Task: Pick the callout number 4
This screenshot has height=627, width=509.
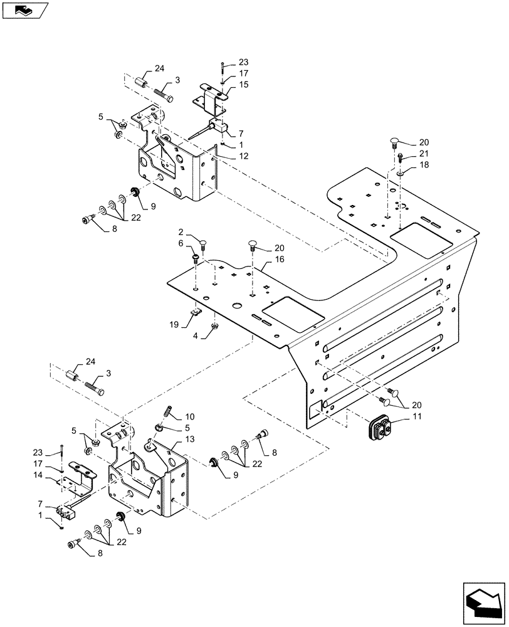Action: (194, 336)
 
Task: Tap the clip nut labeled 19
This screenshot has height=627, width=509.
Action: (196, 310)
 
